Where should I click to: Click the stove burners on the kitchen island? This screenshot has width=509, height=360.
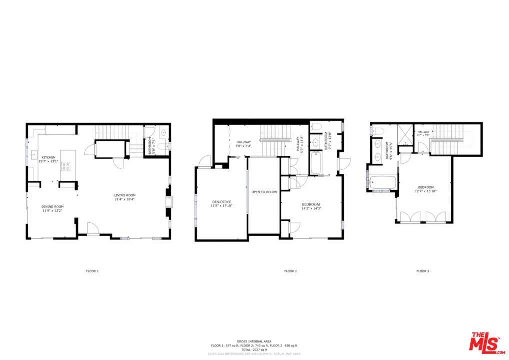coord(66,166)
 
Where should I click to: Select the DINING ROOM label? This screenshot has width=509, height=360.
coord(52,206)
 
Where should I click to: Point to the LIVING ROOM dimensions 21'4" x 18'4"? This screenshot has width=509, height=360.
coord(125,199)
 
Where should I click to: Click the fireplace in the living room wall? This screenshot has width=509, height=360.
coord(170,202)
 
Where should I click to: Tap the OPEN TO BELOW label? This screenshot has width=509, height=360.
coord(264,192)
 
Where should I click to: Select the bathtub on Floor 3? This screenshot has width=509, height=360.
coord(382,183)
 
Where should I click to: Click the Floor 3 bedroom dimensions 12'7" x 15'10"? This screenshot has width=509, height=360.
coord(426,191)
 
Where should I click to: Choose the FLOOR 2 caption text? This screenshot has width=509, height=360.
coord(290,271)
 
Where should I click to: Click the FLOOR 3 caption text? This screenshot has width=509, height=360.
coord(422,271)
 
